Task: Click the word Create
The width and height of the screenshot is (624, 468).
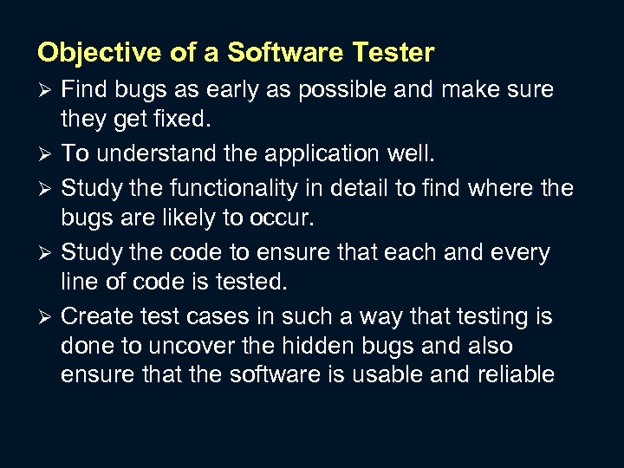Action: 96,317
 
